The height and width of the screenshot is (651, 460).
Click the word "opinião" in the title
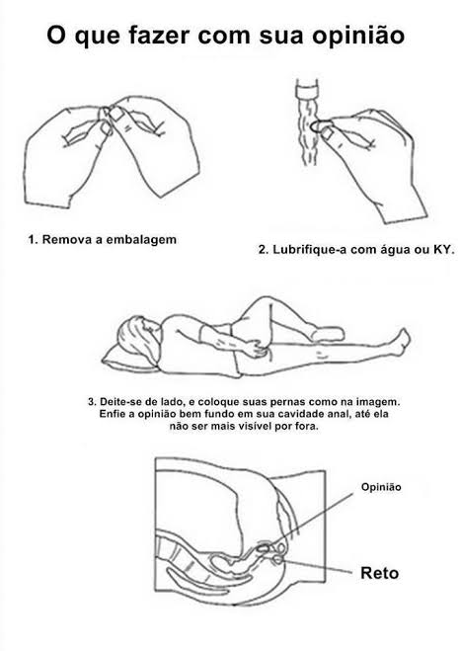click(x=358, y=37)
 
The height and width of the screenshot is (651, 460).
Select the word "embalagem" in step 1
click(x=141, y=240)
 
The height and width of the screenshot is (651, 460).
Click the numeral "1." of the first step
click(x=34, y=240)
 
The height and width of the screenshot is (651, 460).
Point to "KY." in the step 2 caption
click(x=444, y=250)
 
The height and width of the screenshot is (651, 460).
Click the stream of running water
click(x=307, y=132)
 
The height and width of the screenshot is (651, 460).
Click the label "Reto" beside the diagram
click(x=379, y=573)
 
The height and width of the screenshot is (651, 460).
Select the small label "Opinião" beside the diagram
click(x=381, y=487)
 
